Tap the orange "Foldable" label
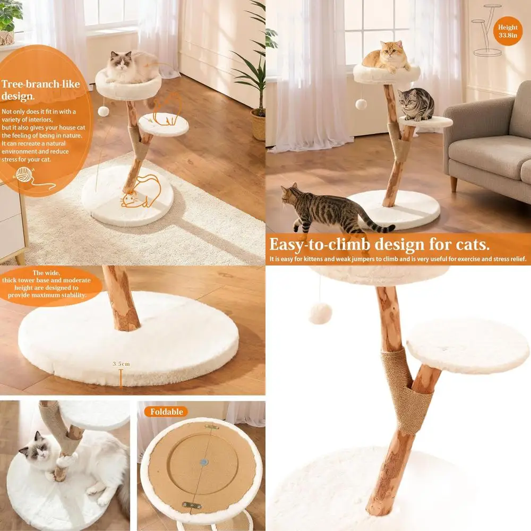166,412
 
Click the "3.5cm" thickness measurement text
121,364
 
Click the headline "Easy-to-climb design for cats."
379,245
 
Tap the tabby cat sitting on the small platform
416,104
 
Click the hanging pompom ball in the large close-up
320,313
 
